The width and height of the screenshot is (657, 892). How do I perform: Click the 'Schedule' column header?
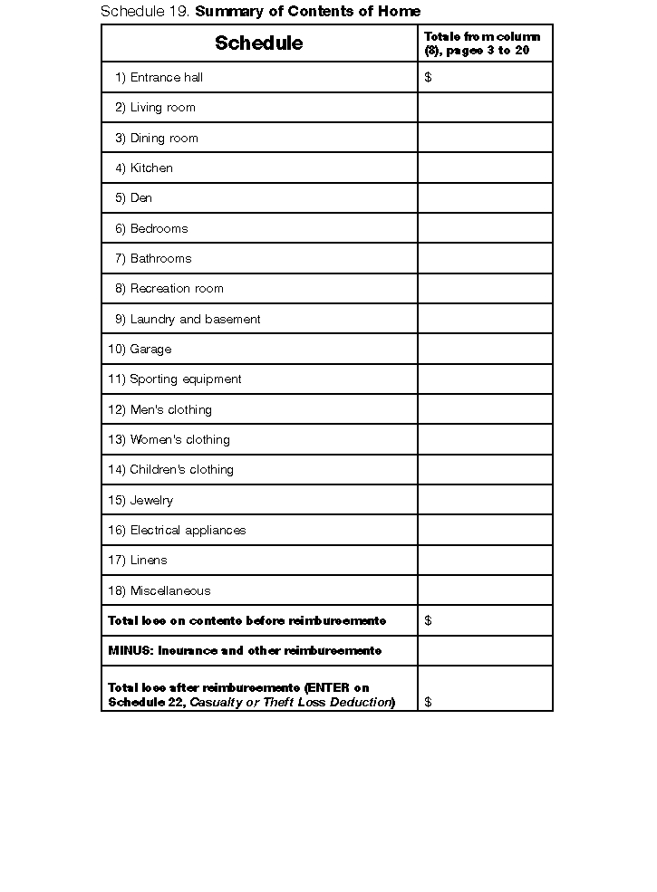coord(258,43)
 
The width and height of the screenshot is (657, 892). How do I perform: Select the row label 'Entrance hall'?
coord(166,77)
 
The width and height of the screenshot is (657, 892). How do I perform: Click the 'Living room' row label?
coord(162,107)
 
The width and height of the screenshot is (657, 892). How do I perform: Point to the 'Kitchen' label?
coord(150,168)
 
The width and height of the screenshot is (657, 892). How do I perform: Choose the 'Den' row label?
coord(140,197)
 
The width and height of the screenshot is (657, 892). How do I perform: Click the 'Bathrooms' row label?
coord(160,258)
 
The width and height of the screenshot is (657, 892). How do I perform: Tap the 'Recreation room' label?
coord(176,288)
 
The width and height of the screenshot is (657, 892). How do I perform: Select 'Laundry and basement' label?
coord(195,319)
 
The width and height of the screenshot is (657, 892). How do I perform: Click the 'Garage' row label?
coord(150,349)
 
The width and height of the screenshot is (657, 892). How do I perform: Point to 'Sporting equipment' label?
coord(185,379)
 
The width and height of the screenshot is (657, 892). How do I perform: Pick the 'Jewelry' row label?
coord(150,500)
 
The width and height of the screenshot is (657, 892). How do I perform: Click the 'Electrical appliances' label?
coord(188,530)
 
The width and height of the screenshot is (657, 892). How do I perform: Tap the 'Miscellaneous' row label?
coord(169,590)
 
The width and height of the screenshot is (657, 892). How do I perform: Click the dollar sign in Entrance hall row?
coord(428,77)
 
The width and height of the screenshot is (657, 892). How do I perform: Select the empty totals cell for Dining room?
coord(485,138)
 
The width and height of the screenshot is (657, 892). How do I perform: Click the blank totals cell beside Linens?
coord(485,560)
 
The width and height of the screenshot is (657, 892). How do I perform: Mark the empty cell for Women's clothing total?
coord(485,439)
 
